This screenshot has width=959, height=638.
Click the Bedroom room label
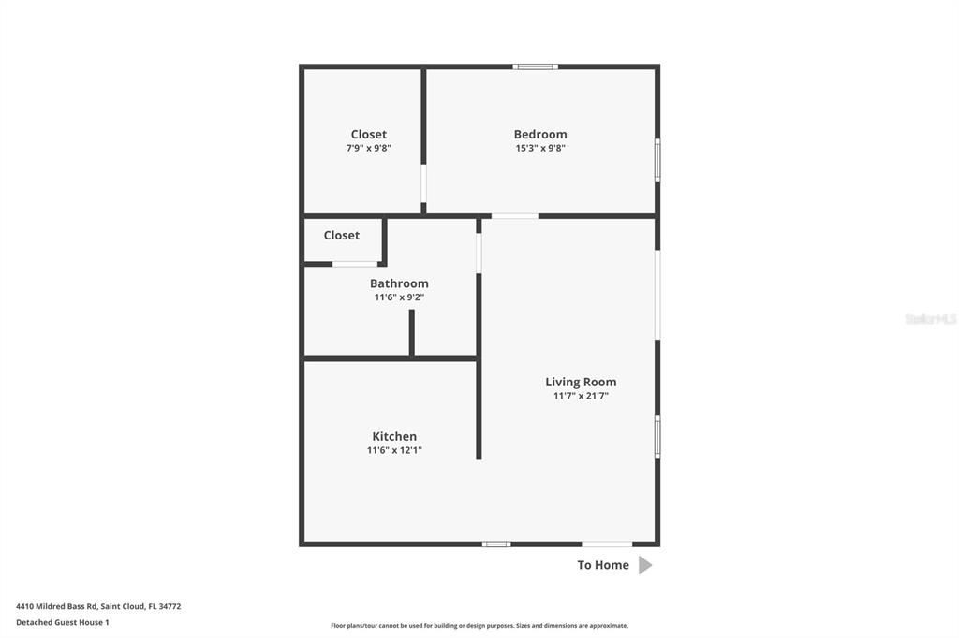coord(540,134)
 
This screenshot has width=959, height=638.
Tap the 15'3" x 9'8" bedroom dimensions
coord(540,148)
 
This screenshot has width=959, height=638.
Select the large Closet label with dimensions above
coord(369,134)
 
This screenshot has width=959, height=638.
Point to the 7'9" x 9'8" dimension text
coord(369,148)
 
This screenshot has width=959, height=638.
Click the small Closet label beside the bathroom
coord(342,235)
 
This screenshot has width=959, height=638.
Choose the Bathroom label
coord(399,283)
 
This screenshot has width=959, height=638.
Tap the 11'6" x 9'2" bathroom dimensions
coord(399,297)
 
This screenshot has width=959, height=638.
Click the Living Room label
coord(581,382)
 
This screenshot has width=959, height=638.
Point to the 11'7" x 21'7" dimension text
coord(581,396)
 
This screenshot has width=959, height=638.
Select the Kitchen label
coord(394,436)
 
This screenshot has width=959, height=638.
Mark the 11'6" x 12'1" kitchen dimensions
coord(394,450)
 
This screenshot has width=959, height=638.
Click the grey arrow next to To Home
coord(644,565)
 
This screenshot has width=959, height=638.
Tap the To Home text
coord(603,565)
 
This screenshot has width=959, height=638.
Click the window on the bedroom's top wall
coord(535,66)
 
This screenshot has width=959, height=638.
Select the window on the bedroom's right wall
coord(657,160)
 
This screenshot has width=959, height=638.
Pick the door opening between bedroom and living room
coord(514,216)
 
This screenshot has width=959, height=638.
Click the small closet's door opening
coord(355,264)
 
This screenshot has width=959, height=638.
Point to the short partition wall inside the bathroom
coord(411,332)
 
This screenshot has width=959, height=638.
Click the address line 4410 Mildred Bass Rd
coord(98,606)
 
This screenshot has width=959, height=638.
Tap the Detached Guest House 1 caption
coord(63,622)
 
